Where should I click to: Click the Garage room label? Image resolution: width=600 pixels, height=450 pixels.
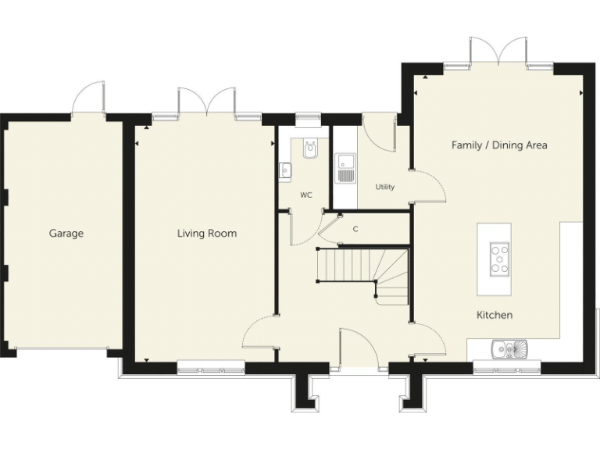(66, 233)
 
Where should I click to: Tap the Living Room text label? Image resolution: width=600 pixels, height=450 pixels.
(206, 233)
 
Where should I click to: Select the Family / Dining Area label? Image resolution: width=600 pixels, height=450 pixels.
(499, 145)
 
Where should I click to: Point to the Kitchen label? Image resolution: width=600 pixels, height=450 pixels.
(495, 315)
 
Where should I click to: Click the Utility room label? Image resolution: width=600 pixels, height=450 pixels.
(384, 187)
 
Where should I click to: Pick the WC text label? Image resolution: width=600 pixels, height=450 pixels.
(305, 195)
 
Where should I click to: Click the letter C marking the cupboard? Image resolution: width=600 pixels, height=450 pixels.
(355, 229)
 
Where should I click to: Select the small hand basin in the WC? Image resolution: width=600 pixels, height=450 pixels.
(284, 169)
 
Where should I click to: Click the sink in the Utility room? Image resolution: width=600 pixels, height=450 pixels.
(345, 168)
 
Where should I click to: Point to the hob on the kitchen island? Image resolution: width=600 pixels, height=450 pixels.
(500, 259)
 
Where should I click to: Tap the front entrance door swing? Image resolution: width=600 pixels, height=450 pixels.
(359, 347)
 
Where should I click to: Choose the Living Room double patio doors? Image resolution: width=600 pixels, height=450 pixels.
(206, 103)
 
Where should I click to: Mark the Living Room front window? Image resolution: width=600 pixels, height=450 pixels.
(210, 362)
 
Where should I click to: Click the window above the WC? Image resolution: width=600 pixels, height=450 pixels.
(309, 119)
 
